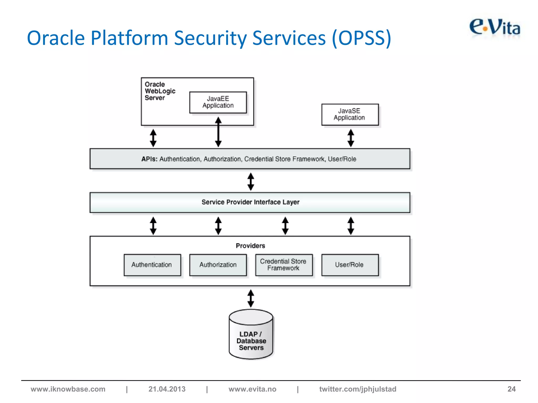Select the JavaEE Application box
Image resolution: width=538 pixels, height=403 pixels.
tap(218, 102)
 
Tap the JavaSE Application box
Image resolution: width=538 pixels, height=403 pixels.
tap(350, 114)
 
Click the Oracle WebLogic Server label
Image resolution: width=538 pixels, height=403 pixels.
tap(160, 91)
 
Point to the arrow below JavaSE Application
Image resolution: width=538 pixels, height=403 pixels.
tap(351, 138)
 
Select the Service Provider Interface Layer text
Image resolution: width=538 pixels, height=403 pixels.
tap(250, 202)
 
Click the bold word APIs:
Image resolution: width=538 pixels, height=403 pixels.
tap(149, 159)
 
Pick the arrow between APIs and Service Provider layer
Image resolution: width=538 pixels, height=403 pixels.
tap(251, 182)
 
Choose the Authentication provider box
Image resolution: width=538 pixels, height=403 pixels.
tap(152, 265)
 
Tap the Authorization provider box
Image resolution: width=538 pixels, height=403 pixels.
tap(218, 265)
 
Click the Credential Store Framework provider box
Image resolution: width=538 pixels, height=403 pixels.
tap(284, 265)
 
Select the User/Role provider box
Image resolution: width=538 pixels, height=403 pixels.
tap(350, 265)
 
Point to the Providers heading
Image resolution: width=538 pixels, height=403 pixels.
tap(250, 246)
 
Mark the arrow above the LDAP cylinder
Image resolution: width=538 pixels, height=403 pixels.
tap(251, 298)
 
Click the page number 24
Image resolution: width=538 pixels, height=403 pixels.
tap(511, 389)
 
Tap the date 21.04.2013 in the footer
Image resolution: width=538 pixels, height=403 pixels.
tap(167, 389)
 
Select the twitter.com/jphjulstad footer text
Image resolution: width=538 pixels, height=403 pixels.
tap(358, 389)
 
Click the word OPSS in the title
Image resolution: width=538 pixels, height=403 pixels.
tap(361, 38)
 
